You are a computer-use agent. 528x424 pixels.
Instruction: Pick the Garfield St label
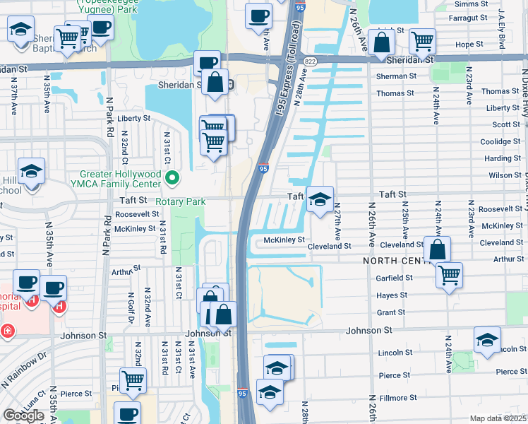[395, 278]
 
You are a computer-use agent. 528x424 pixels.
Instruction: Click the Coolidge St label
[500, 142]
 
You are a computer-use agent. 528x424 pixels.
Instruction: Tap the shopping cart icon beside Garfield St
[449, 275]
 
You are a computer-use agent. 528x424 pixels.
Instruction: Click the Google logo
[23, 416]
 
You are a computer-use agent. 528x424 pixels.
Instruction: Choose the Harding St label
[503, 159]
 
